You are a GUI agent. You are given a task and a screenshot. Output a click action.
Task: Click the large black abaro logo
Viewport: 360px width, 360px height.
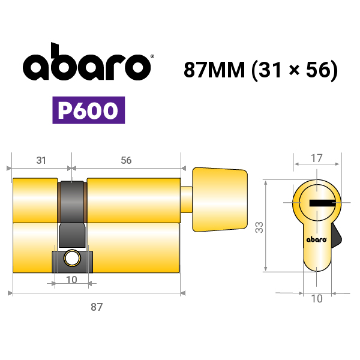87,62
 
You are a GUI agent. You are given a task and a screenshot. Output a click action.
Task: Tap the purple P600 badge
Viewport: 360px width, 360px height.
89,110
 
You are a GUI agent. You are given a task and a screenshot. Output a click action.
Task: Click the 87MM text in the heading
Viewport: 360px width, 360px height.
214,70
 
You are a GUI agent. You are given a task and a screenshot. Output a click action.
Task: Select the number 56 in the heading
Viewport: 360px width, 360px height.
318,70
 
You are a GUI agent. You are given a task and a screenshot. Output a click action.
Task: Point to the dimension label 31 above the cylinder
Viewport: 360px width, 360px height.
41,160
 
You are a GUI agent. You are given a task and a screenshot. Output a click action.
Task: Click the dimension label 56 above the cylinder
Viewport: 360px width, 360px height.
126,160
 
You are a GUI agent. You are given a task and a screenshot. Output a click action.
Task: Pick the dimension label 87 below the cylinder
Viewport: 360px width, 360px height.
97,307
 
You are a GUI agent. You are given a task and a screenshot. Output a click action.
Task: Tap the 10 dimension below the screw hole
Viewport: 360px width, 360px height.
71,280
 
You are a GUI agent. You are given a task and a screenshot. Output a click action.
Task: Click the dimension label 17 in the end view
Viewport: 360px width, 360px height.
316,158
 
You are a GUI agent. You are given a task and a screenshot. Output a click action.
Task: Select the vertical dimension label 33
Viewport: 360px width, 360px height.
259,227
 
